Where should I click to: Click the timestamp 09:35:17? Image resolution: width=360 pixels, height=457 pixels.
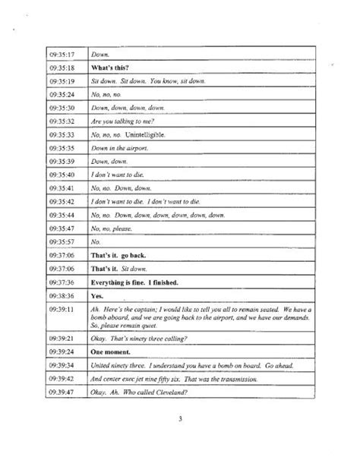tap(59, 55)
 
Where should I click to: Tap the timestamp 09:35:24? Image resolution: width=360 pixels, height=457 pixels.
tap(59, 94)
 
